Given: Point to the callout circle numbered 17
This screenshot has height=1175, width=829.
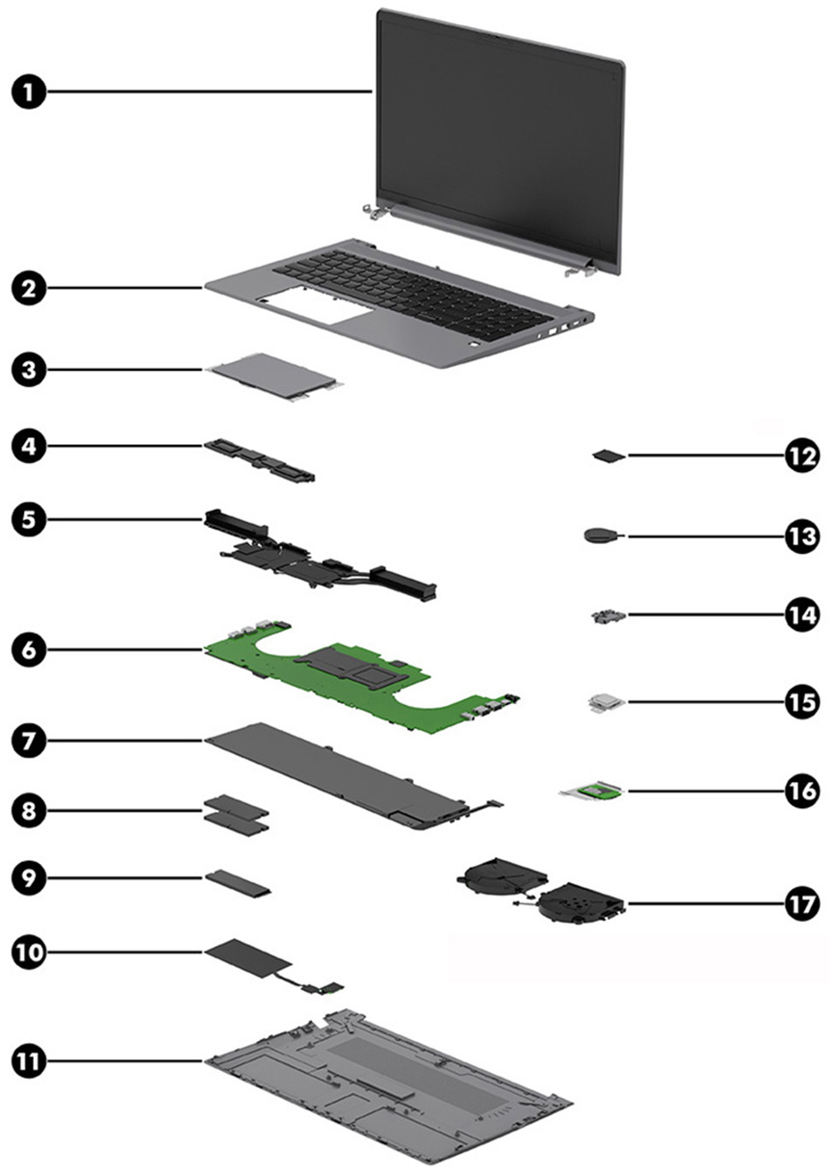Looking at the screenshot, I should [x=799, y=904].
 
